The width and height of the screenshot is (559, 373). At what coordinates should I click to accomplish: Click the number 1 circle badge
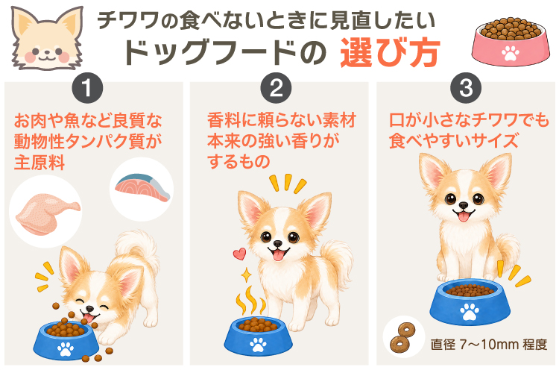click(87, 88)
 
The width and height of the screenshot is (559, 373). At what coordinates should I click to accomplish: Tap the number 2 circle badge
click(276, 88)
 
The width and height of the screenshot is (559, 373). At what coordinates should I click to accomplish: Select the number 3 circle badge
click(466, 88)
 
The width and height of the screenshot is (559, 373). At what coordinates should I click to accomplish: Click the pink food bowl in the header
click(510, 42)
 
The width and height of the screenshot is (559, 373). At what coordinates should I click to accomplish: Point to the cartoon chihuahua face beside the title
click(47, 38)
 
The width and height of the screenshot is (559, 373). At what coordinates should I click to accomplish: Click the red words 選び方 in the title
click(391, 53)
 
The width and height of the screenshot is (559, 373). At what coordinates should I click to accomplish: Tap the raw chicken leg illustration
click(48, 214)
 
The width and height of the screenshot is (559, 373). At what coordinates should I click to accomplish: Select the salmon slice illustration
click(142, 187)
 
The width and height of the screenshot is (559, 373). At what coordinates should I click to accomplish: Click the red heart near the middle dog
click(239, 254)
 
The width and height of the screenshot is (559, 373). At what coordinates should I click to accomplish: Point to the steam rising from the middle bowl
click(251, 301)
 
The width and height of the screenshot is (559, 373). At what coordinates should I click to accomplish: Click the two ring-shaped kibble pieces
click(402, 337)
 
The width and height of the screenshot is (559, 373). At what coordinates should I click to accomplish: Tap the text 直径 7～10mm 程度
click(489, 345)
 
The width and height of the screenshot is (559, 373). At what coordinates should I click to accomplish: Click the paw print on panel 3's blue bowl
click(470, 312)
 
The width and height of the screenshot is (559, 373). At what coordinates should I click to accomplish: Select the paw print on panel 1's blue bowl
click(66, 348)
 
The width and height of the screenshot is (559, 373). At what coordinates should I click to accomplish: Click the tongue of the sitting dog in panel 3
click(464, 216)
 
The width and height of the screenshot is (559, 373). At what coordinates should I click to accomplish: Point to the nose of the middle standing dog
click(277, 244)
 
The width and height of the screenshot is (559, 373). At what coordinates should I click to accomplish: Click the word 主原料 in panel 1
click(40, 163)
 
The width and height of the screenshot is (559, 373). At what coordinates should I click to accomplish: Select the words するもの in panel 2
click(239, 161)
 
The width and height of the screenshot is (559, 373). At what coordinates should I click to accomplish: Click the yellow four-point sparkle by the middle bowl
click(246, 275)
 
